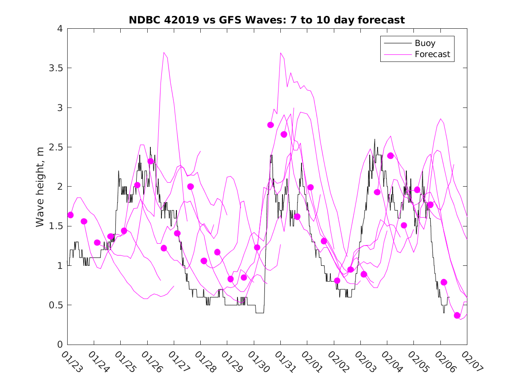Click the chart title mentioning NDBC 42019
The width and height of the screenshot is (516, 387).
tap(267, 20)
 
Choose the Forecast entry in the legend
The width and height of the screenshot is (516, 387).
tap(432, 54)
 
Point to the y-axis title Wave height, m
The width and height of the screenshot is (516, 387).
tap(40, 187)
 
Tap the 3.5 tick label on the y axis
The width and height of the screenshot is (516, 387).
tap(56, 68)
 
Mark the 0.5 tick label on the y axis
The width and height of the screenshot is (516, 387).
tap(56, 305)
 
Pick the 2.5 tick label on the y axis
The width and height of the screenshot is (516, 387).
tap(56, 147)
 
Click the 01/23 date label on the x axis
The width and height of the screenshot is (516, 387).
tap(71, 362)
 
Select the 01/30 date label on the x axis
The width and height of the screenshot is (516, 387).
tap(258, 362)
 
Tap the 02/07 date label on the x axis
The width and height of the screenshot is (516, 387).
tap(471, 362)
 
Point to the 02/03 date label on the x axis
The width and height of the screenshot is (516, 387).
tap(364, 362)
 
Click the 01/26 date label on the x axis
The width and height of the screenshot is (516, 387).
tap(151, 362)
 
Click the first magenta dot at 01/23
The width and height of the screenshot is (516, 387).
tap(70, 215)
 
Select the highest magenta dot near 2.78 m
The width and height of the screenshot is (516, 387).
tap(271, 125)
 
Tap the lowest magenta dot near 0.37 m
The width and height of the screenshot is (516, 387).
tap(457, 315)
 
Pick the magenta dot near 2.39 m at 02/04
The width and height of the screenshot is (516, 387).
tap(390, 156)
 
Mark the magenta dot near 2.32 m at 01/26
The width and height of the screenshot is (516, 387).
tap(150, 161)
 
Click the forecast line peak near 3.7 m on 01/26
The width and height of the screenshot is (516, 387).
tap(164, 52)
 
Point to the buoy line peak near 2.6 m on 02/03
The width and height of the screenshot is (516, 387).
tap(375, 139)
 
